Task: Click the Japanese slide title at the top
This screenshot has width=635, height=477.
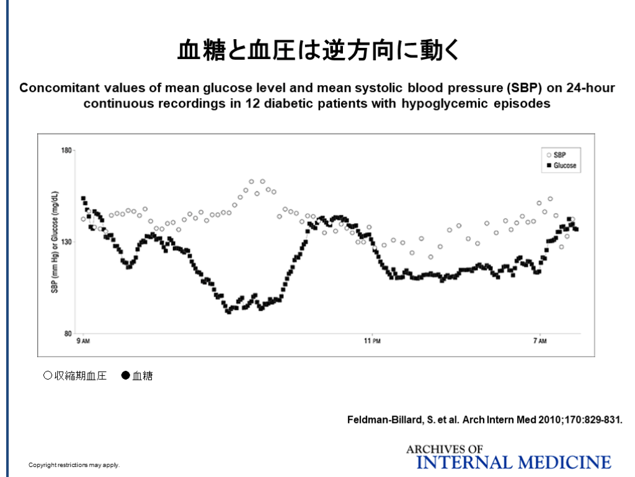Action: pos(317,50)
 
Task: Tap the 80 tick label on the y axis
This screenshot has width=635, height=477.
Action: pos(68,334)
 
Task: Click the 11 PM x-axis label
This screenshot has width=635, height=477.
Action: pos(371,341)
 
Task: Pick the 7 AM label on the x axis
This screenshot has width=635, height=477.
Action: pos(540,341)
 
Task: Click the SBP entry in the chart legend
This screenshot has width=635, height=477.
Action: pos(559,155)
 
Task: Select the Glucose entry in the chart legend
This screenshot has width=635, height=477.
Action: pos(564,166)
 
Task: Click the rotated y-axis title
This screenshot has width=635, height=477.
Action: pos(55,242)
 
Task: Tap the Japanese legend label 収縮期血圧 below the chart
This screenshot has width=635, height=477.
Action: pos(80,376)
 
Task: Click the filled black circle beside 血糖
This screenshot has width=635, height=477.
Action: pos(125,375)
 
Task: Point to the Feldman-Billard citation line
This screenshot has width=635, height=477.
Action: pos(484,420)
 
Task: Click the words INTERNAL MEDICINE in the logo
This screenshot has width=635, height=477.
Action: pos(514,462)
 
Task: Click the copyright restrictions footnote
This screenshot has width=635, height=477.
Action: pos(74,465)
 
